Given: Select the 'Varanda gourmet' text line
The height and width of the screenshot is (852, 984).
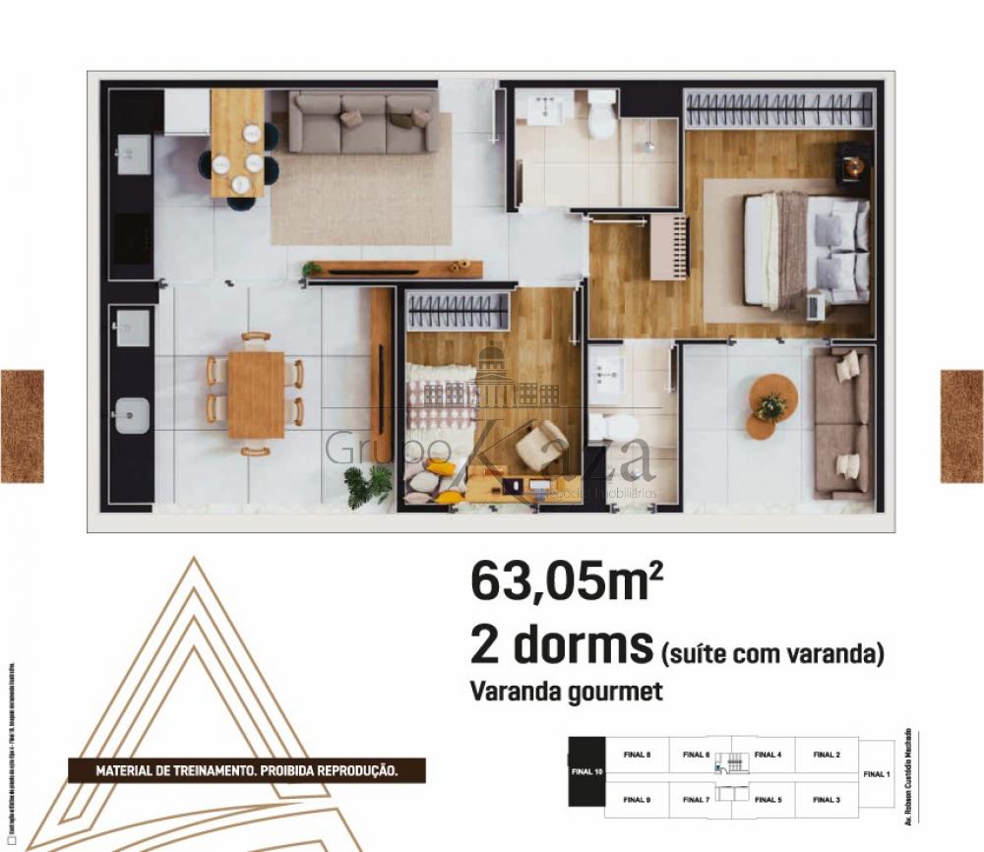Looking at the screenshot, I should click(x=567, y=692).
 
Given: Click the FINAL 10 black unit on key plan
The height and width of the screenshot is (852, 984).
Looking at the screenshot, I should click(x=586, y=771).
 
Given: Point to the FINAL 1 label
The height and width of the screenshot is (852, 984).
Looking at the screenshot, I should click(x=876, y=774).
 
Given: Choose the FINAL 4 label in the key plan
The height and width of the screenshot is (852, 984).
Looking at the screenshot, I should click(x=768, y=755).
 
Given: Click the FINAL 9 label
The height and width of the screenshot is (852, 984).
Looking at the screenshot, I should click(x=637, y=800).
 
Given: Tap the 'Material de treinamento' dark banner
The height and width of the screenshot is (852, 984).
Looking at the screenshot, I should click(x=246, y=770).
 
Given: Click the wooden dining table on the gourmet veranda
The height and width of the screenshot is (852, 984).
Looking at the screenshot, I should click(x=256, y=394).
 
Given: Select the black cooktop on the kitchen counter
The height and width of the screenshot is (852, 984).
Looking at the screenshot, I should click(x=132, y=236).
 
